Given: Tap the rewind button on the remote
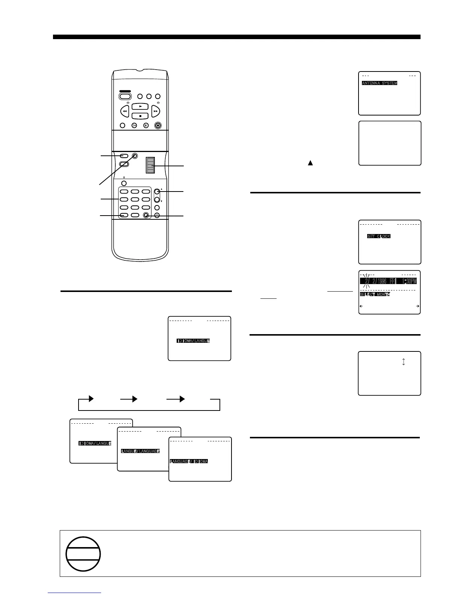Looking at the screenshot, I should coord(125,111).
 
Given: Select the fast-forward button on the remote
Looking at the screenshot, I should coord(156,111).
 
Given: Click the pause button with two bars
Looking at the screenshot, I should coord(146,125).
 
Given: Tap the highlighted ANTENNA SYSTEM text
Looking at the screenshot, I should coord(379,83).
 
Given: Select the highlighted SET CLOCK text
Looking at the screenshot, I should coord(378,236).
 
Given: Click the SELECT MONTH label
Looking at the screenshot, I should coord(375,294).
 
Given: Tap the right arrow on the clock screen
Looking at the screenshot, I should coord(418,306).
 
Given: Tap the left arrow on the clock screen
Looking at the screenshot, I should coord(362,306).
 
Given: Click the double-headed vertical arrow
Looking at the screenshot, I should coord(403,362).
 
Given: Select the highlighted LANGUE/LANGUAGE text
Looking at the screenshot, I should coord(141,451).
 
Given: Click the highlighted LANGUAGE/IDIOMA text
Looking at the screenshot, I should coord(189,461).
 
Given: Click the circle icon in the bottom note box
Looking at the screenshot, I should coord(83,554).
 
